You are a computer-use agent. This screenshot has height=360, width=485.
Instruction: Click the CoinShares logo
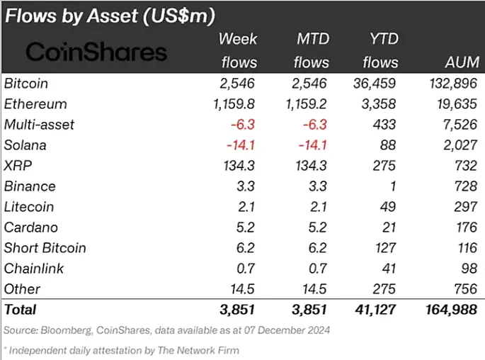(96, 52)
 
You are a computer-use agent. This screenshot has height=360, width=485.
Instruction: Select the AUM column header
(462, 62)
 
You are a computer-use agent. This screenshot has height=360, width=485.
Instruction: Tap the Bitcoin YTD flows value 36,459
(375, 84)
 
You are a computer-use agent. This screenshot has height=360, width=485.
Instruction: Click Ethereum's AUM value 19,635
(457, 104)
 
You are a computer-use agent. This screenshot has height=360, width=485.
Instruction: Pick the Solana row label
(25, 145)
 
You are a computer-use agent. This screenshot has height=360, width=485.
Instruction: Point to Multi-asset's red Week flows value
(243, 125)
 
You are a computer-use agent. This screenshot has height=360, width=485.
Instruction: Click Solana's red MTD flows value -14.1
(313, 145)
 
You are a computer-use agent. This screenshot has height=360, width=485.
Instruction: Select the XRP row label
(18, 166)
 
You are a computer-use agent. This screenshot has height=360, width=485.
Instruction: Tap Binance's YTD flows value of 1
(392, 186)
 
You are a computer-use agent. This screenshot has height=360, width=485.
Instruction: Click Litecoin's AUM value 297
(466, 207)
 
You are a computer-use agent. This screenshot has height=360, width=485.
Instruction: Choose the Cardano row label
(31, 227)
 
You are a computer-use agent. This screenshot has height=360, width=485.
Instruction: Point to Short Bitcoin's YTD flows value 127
(386, 248)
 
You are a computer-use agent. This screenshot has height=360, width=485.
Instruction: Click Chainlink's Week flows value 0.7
(246, 269)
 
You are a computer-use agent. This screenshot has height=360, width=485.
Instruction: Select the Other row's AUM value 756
(466, 289)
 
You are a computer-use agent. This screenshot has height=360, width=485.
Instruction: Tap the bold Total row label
(20, 310)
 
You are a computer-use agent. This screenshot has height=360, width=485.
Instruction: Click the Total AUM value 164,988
(451, 310)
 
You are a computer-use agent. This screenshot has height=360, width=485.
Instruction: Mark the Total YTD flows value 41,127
(375, 310)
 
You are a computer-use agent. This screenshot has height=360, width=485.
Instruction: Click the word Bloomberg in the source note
(66, 331)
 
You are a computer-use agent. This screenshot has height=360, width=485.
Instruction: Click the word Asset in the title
(113, 16)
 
